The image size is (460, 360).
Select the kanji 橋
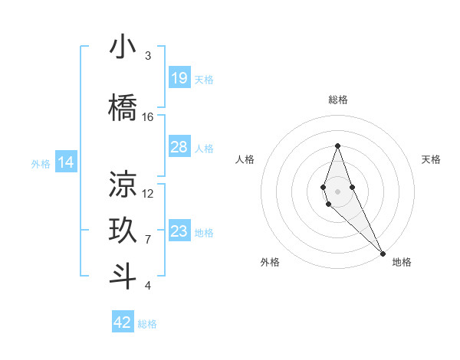(123, 109)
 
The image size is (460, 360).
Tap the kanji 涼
(123, 185)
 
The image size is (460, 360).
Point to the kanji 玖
(123, 231)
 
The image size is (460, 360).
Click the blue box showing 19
(179, 78)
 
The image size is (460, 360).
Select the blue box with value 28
(179, 147)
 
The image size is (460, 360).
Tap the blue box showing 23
(179, 231)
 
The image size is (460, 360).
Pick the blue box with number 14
(66, 162)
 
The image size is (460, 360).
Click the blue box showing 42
(123, 322)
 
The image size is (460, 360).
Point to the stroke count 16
(148, 117)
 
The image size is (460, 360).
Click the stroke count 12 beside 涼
(148, 194)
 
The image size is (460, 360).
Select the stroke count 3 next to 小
(148, 56)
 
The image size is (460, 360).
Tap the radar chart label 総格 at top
(338, 100)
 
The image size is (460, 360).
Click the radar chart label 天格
(432, 159)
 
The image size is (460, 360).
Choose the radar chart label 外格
(270, 262)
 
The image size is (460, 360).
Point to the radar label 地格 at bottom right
(402, 262)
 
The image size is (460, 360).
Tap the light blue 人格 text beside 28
(204, 148)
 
